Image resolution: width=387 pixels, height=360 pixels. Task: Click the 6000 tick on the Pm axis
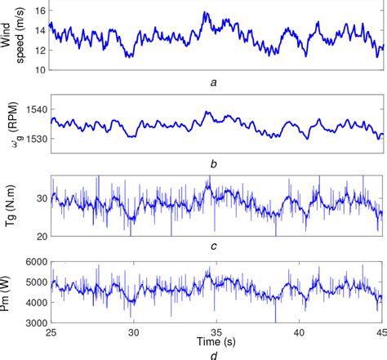pyautogui.click(x=35, y=262)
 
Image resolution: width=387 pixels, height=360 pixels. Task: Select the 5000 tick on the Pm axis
pyautogui.click(x=35, y=282)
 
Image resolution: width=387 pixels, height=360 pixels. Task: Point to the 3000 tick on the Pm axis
pyautogui.click(x=35, y=323)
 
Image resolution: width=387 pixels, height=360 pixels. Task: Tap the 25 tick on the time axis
pyautogui.click(x=51, y=333)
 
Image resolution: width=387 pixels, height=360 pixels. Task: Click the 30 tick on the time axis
pyautogui.click(x=134, y=333)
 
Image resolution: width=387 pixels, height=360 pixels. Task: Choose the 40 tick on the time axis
pyautogui.click(x=300, y=333)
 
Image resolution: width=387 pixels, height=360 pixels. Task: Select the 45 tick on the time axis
pyautogui.click(x=381, y=333)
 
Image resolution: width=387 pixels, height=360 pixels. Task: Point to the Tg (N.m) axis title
pyautogui.click(x=11, y=205)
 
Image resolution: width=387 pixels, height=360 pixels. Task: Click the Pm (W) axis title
pyautogui.click(x=11, y=292)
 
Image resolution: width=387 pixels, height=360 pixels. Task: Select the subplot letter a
pyautogui.click(x=214, y=82)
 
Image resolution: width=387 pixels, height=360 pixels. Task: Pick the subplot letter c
pyautogui.click(x=214, y=249)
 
